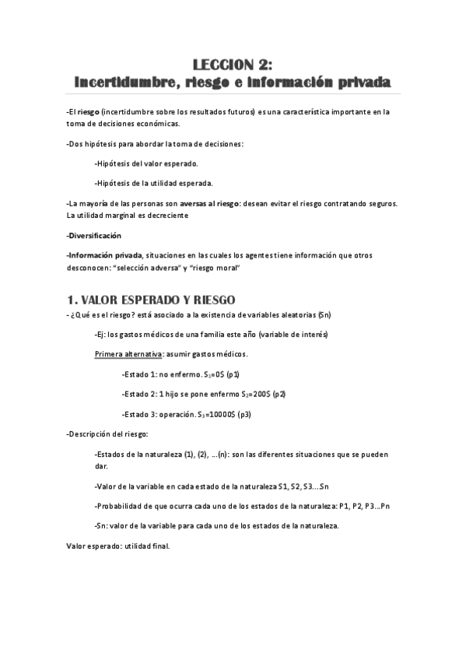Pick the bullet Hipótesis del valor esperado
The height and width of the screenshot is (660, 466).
(x=146, y=163)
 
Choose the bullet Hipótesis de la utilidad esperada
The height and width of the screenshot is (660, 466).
(x=153, y=183)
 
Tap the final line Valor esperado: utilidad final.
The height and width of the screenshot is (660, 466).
(x=117, y=546)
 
